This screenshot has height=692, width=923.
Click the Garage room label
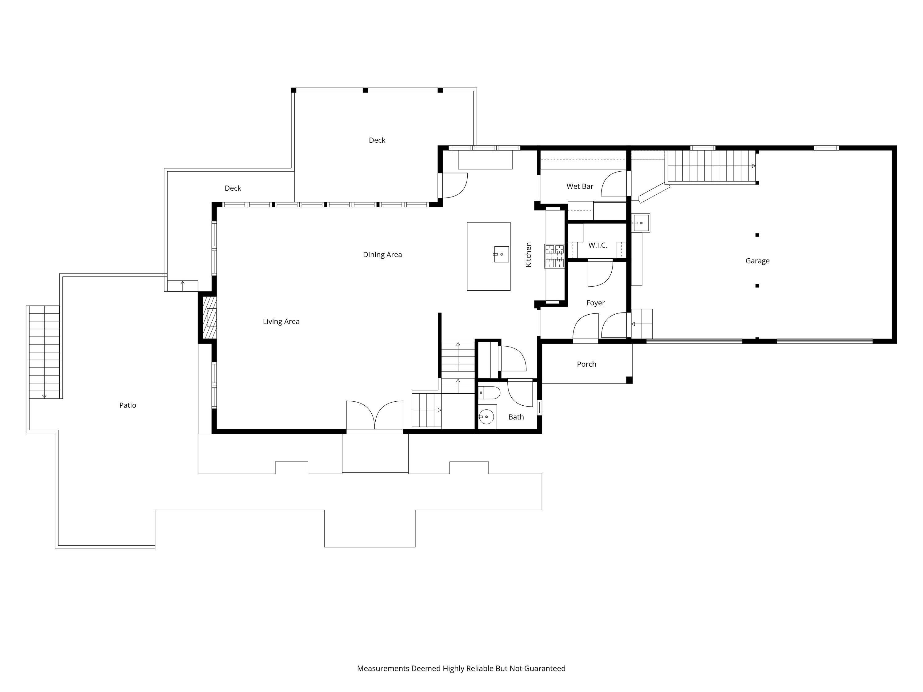(x=757, y=261)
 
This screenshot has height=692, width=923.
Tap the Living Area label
(x=281, y=322)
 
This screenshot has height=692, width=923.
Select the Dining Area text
(x=382, y=255)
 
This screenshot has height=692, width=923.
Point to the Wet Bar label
(x=580, y=186)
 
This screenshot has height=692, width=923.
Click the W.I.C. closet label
(x=597, y=245)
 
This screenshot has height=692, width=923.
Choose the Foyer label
(x=595, y=303)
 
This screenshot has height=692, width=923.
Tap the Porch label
(x=586, y=364)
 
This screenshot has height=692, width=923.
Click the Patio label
(x=128, y=405)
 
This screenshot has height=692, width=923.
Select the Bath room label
(x=516, y=417)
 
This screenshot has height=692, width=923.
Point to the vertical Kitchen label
(x=528, y=254)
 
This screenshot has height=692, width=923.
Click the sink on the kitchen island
(x=501, y=254)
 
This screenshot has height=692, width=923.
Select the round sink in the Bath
(x=486, y=416)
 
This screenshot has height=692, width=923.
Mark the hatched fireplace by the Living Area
(x=210, y=317)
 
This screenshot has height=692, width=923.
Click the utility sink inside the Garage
(x=641, y=223)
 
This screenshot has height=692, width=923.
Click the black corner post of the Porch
(x=629, y=380)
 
